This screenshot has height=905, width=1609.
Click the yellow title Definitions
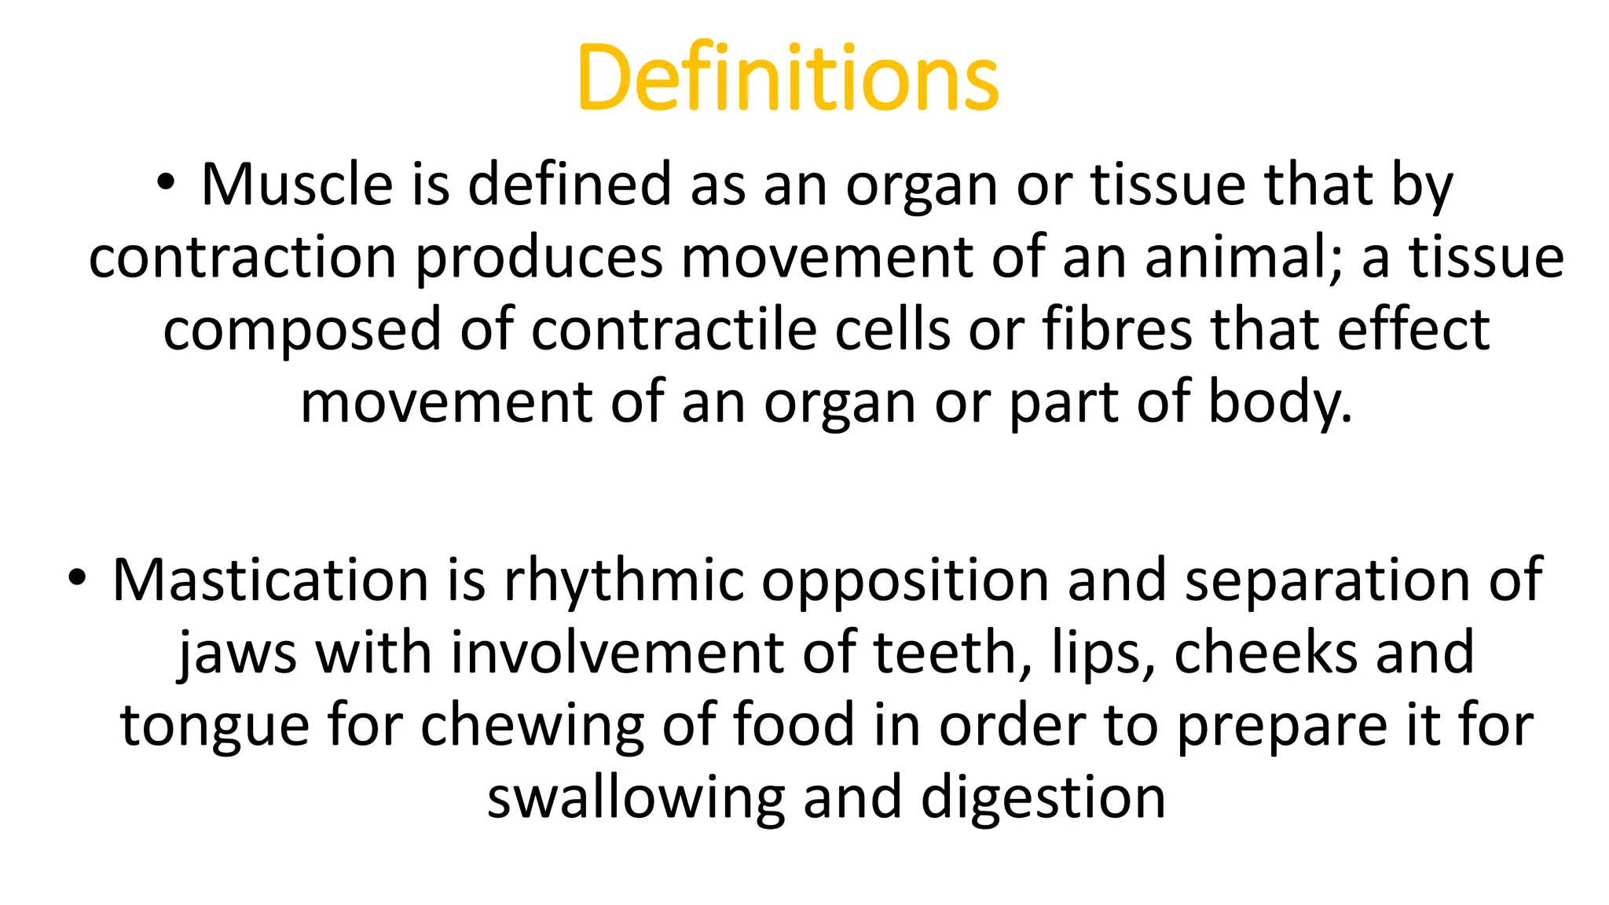[787, 77]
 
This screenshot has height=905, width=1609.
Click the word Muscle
[296, 185]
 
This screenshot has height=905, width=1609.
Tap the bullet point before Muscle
[164, 183]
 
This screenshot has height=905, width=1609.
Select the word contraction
[242, 258]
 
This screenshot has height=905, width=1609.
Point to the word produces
[538, 258]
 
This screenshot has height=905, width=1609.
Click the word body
[1279, 402]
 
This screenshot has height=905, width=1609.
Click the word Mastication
[270, 581]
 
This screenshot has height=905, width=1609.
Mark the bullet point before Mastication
[76, 578]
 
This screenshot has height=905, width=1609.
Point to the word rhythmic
[624, 581]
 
